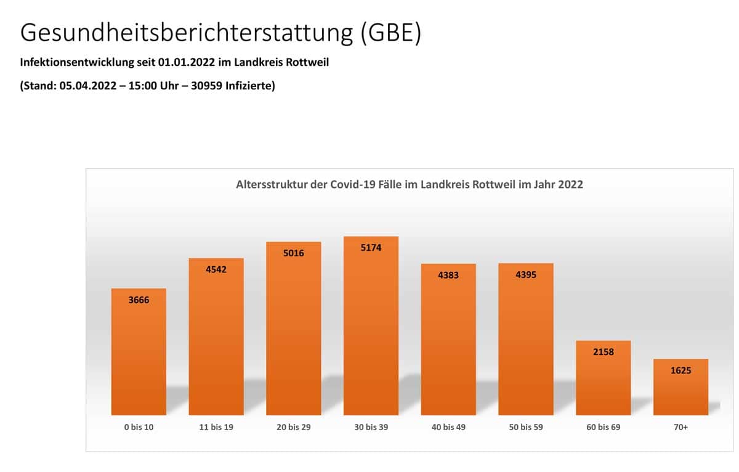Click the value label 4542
216,269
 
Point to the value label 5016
294,253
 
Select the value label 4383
448,275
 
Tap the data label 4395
525,274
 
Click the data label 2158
603,352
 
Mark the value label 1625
680,370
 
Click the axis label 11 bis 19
216,427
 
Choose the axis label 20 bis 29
294,427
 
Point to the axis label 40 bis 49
448,427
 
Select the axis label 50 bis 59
525,427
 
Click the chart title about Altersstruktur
410,184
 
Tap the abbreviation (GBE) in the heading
390,33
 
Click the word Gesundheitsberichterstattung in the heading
185,33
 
